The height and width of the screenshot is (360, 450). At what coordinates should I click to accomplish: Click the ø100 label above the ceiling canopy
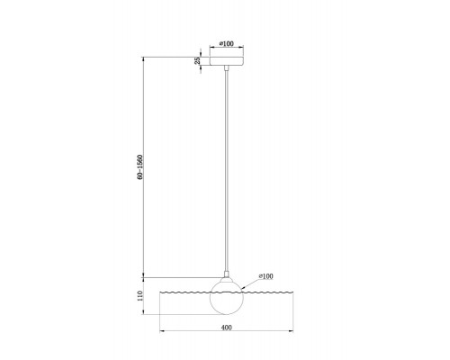pos(227,44)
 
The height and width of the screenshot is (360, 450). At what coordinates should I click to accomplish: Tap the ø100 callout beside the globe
pos(266,276)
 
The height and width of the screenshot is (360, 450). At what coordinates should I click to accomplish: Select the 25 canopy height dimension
pos(197,60)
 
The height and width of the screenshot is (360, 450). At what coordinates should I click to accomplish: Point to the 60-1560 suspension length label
pos(139,167)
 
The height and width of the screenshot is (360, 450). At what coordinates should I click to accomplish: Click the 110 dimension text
pos(139,296)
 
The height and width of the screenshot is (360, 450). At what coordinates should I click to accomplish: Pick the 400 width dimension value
pos(227,328)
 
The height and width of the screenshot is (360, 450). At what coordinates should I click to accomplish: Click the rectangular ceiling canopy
pos(227,61)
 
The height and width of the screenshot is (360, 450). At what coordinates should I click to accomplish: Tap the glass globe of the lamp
pos(227,298)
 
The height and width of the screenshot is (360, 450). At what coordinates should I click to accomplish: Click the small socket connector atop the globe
pos(227,274)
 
